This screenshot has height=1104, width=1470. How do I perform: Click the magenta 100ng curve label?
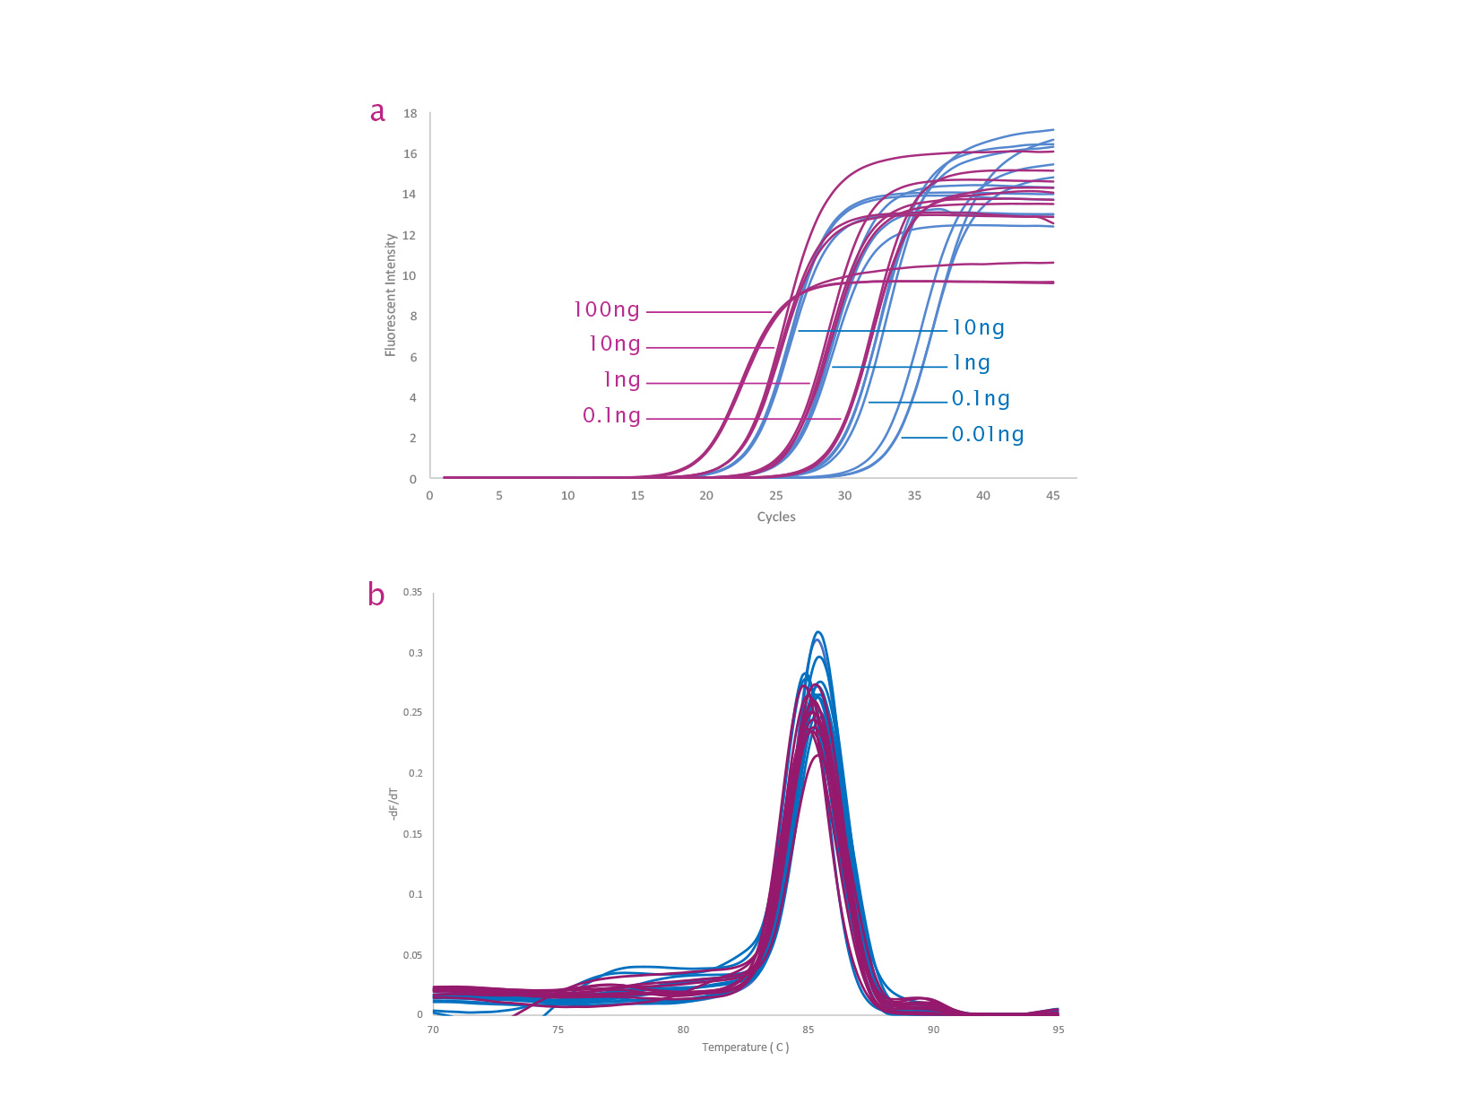(607, 310)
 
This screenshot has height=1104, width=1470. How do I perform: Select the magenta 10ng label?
(615, 344)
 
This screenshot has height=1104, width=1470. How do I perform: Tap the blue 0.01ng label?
(988, 435)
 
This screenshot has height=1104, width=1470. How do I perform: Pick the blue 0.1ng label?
(981, 399)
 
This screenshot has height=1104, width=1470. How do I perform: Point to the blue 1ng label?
(971, 363)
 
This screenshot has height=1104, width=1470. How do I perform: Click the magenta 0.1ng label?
(612, 416)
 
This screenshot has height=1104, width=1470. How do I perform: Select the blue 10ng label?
(978, 328)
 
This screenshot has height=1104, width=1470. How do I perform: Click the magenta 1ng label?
(622, 380)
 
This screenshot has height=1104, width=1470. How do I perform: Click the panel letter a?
(377, 111)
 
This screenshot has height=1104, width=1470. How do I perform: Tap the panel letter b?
(376, 594)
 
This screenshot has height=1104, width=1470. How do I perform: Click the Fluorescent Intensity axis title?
(391, 296)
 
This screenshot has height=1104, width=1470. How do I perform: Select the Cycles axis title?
(776, 517)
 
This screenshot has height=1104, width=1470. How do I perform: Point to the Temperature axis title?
(746, 1047)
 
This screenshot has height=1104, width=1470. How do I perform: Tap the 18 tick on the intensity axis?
(411, 114)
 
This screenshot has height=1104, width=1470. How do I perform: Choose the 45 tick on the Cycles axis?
(1053, 496)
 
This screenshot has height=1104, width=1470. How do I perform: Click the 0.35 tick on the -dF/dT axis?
(412, 593)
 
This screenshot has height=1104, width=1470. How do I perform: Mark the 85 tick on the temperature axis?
(808, 1030)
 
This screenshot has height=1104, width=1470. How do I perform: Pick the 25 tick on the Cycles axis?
(776, 496)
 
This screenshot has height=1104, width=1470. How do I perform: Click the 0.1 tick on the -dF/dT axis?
(416, 895)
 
